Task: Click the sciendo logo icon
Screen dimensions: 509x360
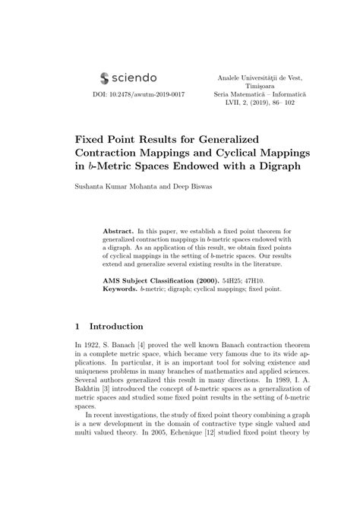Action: [104, 77]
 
